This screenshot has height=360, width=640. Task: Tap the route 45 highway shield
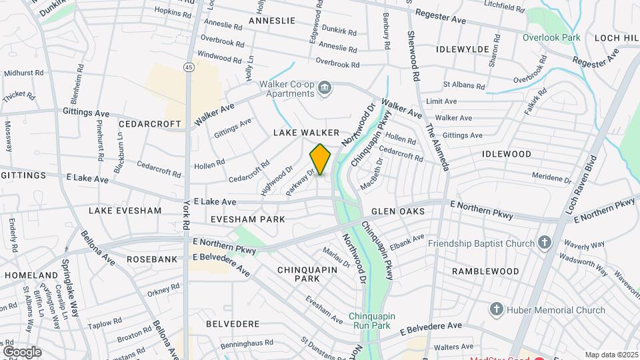189,67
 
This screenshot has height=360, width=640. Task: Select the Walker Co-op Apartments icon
325,88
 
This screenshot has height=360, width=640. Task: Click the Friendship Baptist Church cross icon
545,243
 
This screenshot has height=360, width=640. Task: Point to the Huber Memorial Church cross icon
496,309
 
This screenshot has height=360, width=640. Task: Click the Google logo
22,351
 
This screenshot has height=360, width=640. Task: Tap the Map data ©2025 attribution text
611,355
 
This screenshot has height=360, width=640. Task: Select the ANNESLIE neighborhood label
271,21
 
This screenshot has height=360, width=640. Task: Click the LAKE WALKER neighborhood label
306,133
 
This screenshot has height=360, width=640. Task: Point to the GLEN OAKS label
398,211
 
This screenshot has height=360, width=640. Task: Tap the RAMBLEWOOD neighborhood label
485,271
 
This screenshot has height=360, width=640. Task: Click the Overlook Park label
551,38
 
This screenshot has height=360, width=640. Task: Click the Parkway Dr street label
299,183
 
